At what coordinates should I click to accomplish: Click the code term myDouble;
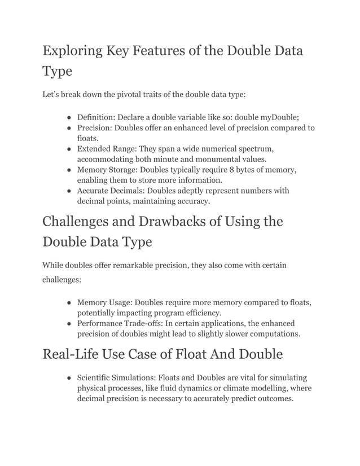click(x=278, y=117)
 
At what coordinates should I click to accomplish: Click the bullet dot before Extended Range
click(x=68, y=149)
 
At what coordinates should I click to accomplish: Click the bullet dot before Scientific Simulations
click(x=68, y=377)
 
